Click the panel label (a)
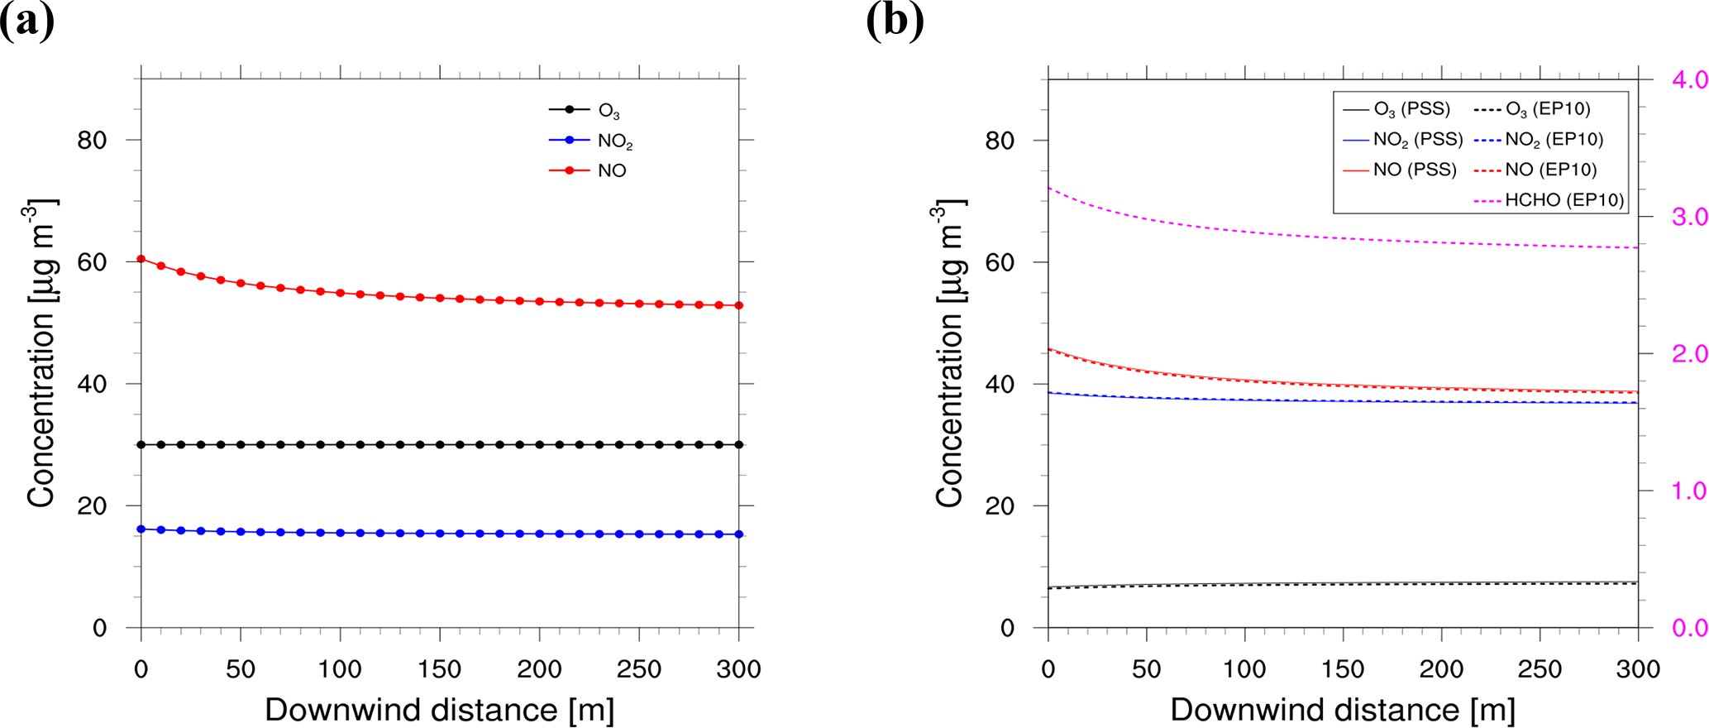[26, 20]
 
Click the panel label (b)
[895, 20]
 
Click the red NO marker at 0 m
[141, 259]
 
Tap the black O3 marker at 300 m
[738, 444]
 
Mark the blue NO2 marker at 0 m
[141, 529]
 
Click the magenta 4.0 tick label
[1689, 79]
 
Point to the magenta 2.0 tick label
[1689, 354]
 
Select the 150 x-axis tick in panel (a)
[439, 668]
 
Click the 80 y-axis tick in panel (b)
[999, 141]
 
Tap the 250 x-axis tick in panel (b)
[1540, 668]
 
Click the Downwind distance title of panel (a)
[439, 710]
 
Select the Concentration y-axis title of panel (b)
[949, 353]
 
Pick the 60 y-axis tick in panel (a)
[92, 262]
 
